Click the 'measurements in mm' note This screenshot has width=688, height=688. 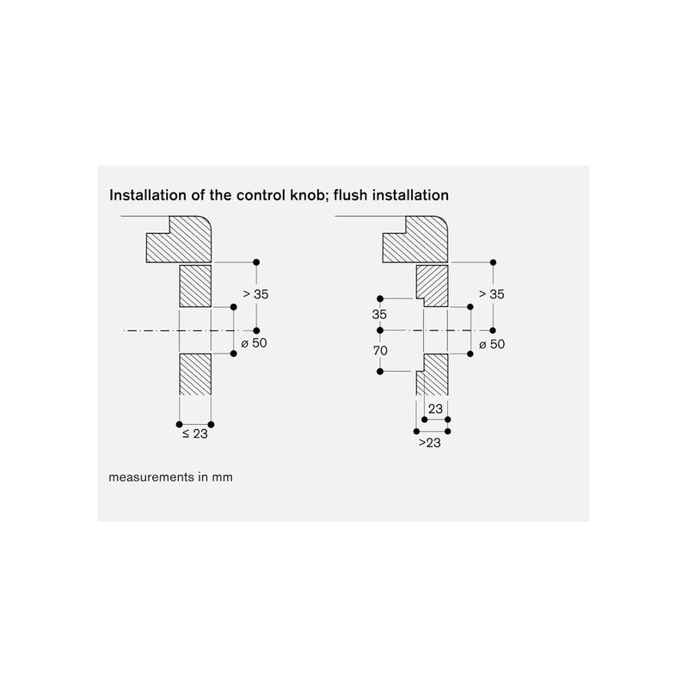pyautogui.click(x=170, y=477)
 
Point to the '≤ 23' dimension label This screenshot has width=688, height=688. pyautogui.click(x=195, y=434)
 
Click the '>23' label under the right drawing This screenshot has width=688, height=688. pyautogui.click(x=429, y=443)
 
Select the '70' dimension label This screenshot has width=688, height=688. pyautogui.click(x=380, y=351)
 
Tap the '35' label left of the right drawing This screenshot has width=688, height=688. pyautogui.click(x=379, y=314)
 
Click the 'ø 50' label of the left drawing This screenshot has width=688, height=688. pyautogui.click(x=254, y=342)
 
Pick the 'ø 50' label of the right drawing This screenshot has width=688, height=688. pyautogui.click(x=492, y=344)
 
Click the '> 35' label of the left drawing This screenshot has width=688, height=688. pyautogui.click(x=255, y=294)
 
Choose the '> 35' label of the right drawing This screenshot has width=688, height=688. pyautogui.click(x=492, y=294)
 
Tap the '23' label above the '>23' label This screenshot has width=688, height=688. pyautogui.click(x=435, y=409)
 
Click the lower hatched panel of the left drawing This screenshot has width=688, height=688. pyautogui.click(x=195, y=374)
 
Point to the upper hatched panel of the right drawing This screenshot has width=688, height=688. pyautogui.click(x=433, y=286)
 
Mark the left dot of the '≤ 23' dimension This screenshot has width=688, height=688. pyautogui.click(x=179, y=424)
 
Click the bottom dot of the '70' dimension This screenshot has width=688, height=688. pyautogui.click(x=380, y=372)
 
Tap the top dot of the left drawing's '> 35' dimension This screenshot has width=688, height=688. pyautogui.click(x=256, y=262)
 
